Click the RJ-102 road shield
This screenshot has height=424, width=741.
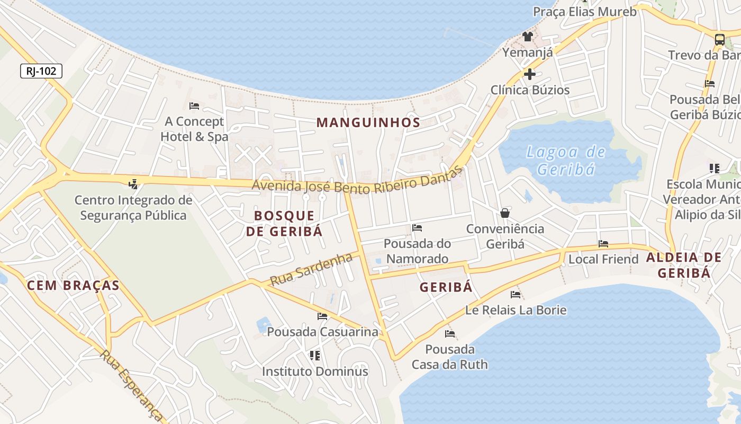41,70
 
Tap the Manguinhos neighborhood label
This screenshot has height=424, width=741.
368,122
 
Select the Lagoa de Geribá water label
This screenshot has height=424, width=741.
565,161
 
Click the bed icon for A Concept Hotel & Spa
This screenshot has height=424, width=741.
194,106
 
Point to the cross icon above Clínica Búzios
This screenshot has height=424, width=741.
529,74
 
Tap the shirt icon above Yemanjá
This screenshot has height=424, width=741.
527,37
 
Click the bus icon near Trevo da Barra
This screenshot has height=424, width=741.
719,39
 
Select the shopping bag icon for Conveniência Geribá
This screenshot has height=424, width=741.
505,213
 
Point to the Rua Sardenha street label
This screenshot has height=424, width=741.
311,269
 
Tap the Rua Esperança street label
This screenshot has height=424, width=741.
130,384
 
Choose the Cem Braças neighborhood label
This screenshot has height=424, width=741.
73,286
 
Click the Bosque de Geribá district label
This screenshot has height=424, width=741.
284,223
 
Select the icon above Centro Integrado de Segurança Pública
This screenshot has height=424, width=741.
133,184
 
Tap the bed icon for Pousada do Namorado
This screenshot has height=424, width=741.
417,228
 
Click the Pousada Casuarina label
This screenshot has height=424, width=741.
323,332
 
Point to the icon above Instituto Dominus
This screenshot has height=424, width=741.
315,355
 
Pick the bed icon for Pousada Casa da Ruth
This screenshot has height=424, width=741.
450,334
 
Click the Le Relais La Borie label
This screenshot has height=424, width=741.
516,310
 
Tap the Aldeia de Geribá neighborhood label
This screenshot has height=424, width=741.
683,265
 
